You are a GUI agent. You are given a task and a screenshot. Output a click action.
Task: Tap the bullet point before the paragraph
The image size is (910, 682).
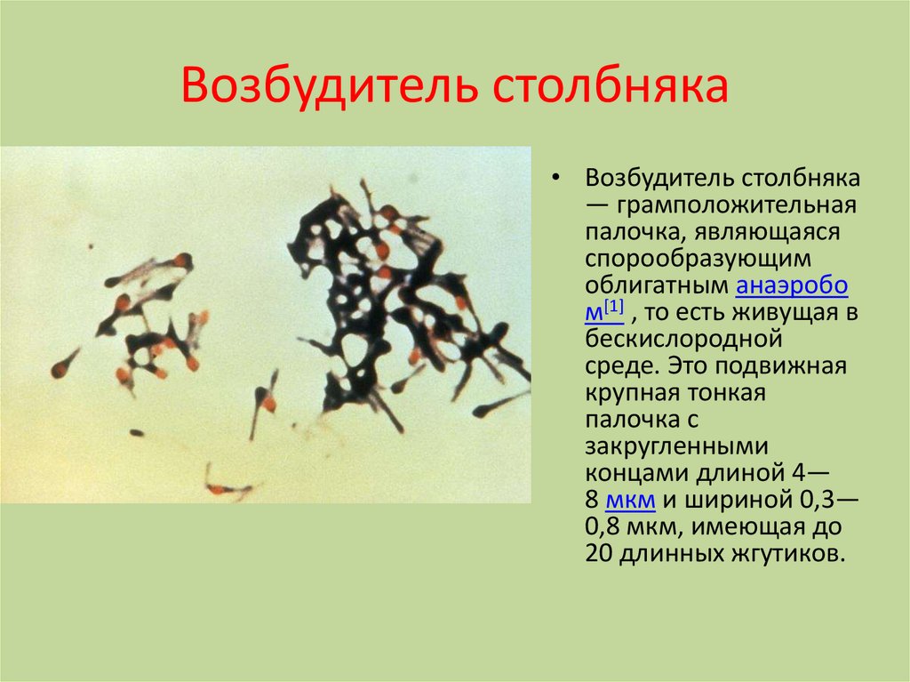coord(556,178)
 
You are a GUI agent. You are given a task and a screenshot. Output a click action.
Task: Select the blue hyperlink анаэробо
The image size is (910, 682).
coord(792,285)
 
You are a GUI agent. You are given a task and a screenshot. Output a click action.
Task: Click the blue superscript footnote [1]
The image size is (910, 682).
coord(613,307)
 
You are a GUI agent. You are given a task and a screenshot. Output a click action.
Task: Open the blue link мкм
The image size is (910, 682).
coord(630,501)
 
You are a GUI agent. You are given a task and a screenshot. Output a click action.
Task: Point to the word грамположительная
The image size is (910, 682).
coord(736,205)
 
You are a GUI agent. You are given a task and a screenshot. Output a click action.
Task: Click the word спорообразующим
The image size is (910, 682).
coord(698,259)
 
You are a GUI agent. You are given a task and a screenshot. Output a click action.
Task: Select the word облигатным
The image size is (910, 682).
coord(657,285)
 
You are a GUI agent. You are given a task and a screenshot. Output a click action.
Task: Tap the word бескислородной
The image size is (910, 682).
coord(683,339)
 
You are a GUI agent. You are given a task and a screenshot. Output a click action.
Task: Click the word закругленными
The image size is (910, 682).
coord(676,446)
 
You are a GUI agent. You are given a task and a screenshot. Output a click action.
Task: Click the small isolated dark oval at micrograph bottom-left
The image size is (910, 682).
coord(137,433)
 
